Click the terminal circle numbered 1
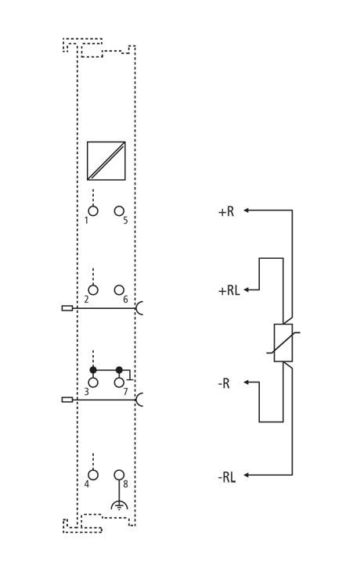[x=93, y=210]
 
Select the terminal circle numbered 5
[x=119, y=210]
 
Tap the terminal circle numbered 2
[x=93, y=290]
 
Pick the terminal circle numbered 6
[x=119, y=290]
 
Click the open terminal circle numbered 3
[x=93, y=382]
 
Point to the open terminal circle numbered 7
[x=119, y=382]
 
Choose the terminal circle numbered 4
[x=93, y=475]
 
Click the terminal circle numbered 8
[x=119, y=475]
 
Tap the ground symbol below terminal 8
[x=119, y=505]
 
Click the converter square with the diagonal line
[x=106, y=160]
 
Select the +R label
[x=226, y=211]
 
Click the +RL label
[x=229, y=291]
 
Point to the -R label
[x=224, y=383]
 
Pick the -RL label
[x=227, y=477]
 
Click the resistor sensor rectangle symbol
[x=283, y=343]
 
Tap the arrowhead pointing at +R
[x=247, y=210]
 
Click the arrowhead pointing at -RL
[x=247, y=475]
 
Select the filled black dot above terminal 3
[x=93, y=370]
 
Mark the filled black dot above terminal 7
[x=119, y=370]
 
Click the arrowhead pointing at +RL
[x=247, y=289]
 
